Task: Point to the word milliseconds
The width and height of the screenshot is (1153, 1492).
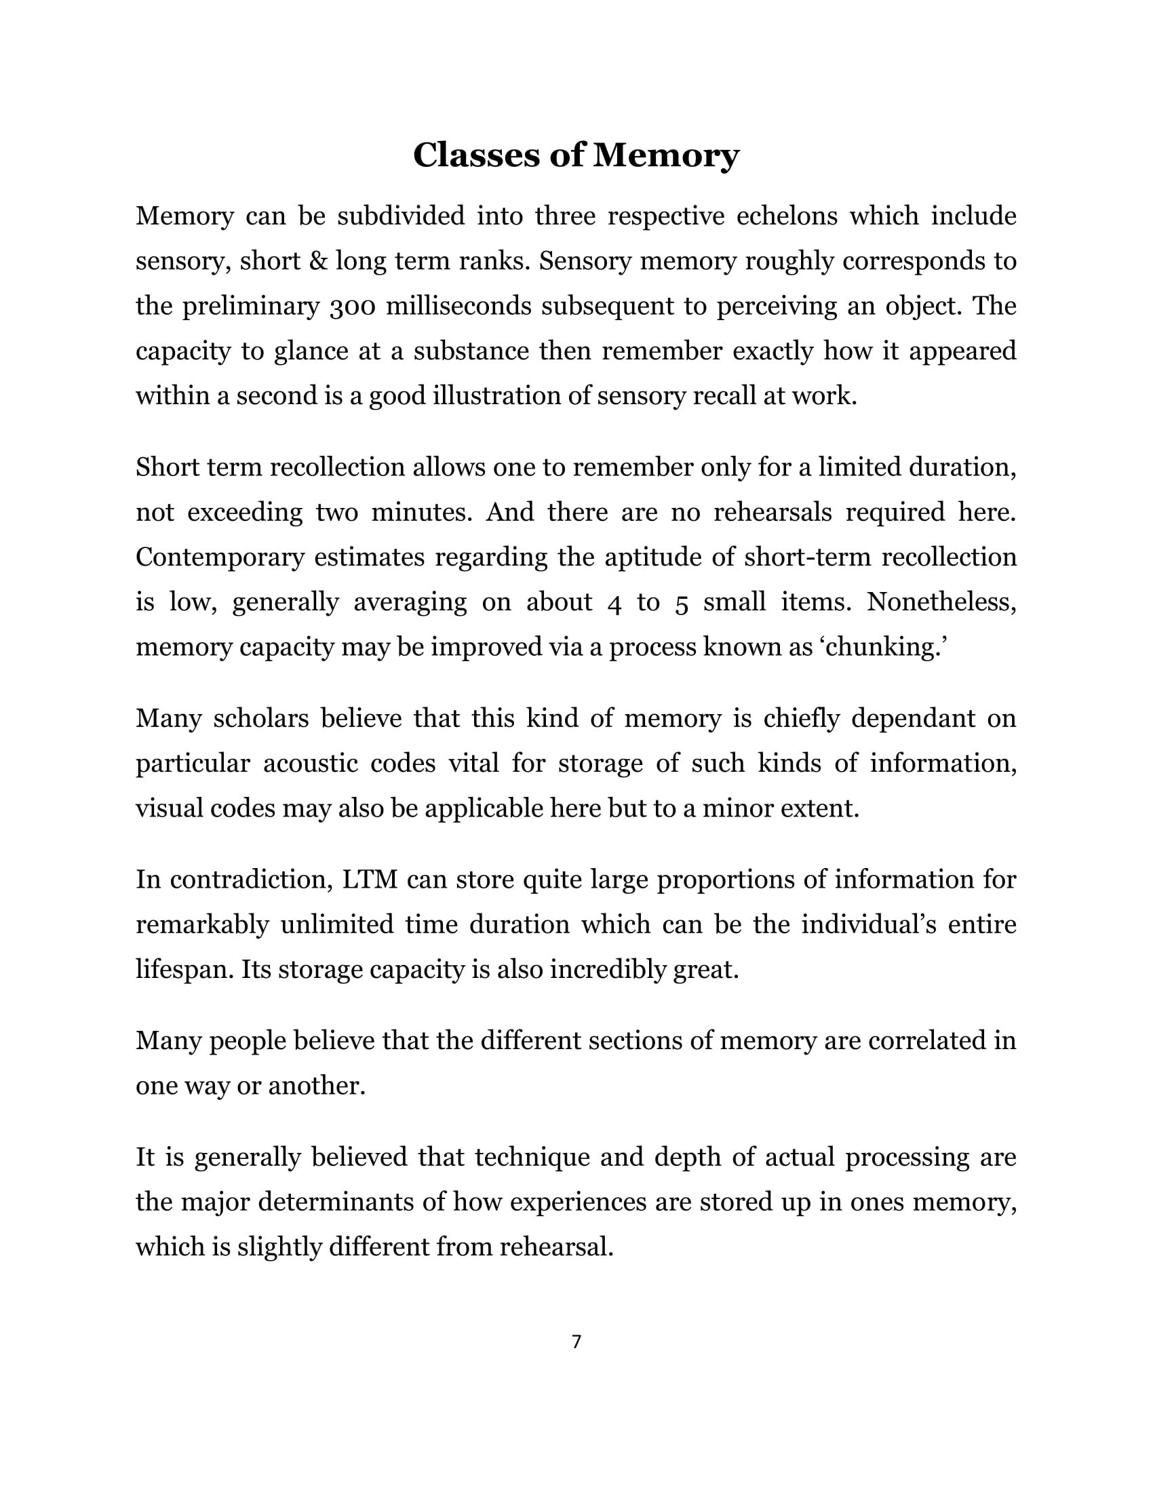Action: coord(459,307)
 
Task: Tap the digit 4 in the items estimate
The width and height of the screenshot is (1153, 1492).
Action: coord(614,603)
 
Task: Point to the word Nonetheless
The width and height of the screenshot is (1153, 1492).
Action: coord(942,602)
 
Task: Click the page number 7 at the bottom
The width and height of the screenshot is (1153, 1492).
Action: coord(576,1342)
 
